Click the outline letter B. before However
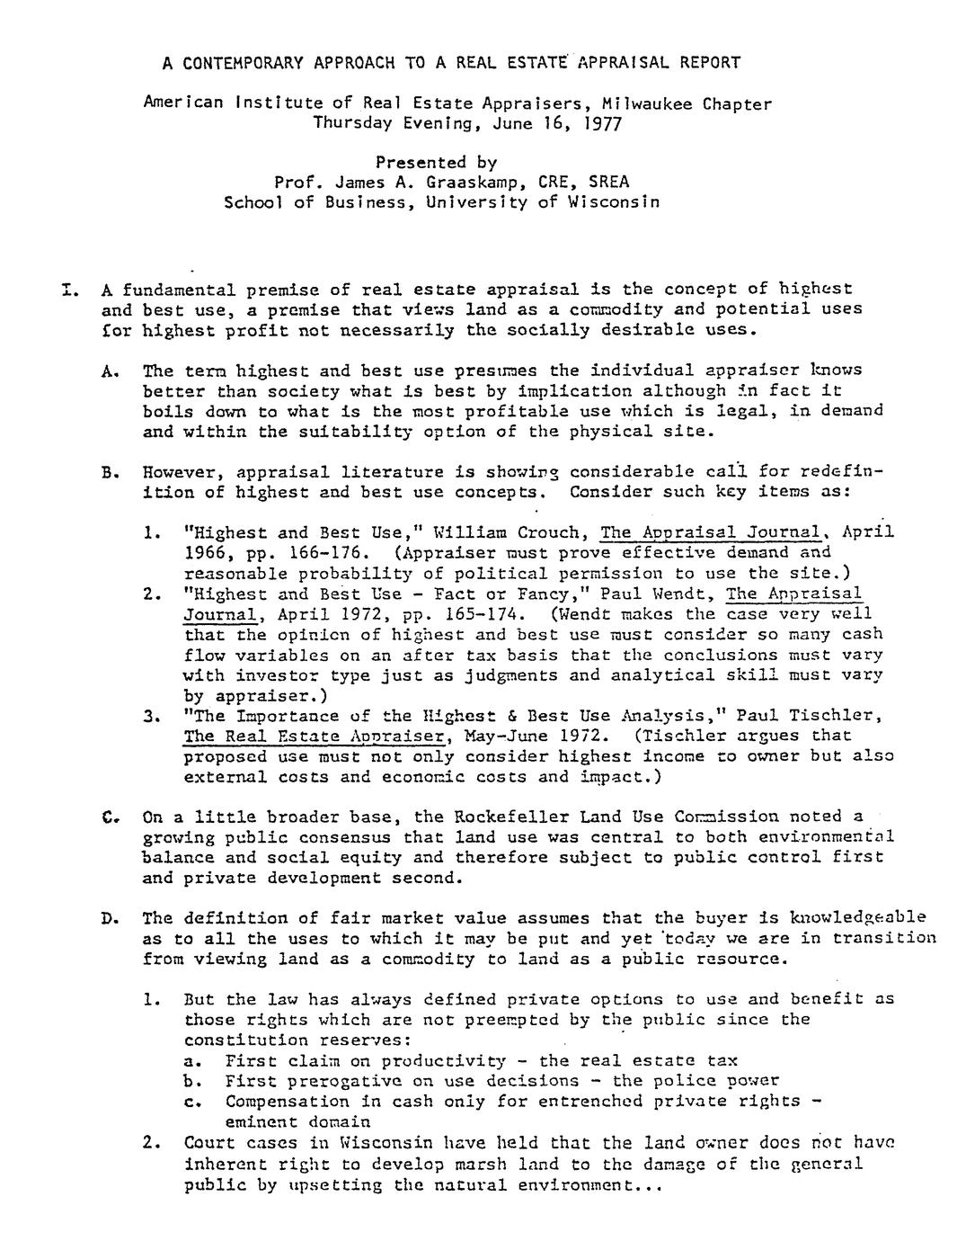click(x=111, y=471)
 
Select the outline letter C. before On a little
click(x=111, y=817)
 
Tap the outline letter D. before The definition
click(x=111, y=918)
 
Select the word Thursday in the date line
click(x=350, y=123)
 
